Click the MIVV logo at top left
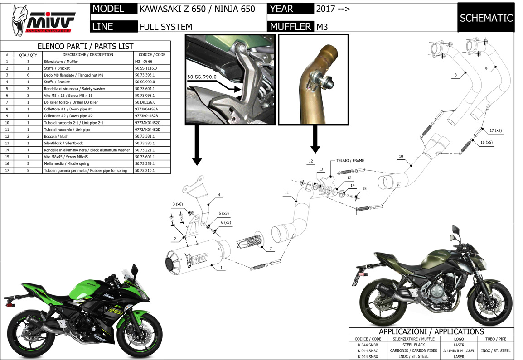tap(44, 20)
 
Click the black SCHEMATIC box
tap(486, 18)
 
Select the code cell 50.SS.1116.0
tap(145, 68)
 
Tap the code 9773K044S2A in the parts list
tap(147, 109)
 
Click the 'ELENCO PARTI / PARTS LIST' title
tap(85, 46)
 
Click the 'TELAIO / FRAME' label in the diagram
tap(350, 161)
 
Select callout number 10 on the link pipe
tap(401, 156)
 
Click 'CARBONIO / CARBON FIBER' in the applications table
tap(413, 350)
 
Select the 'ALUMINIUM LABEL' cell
tap(458, 350)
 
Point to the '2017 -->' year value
tap(332, 9)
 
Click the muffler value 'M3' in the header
tap(322, 27)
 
